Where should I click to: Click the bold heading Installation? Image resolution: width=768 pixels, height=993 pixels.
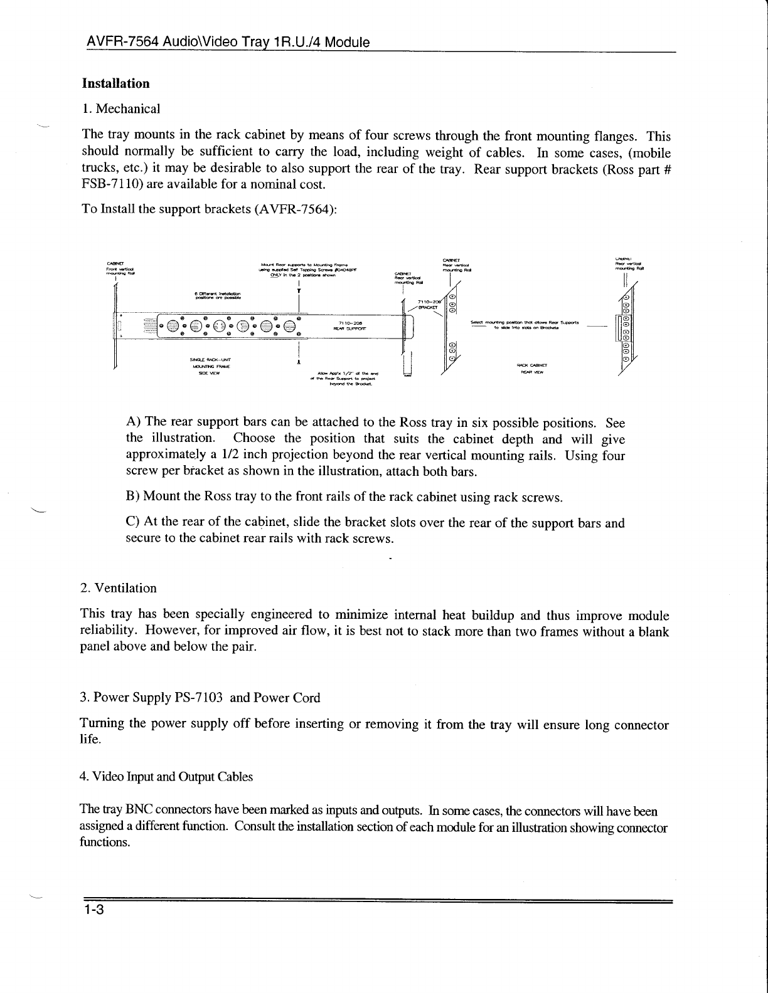click(x=115, y=83)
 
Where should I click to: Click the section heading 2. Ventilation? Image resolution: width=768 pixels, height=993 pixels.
click(x=119, y=588)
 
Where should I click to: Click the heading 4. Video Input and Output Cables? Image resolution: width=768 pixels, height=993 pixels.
click(x=166, y=777)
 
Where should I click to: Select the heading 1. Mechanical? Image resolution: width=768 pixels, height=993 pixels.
click(x=121, y=108)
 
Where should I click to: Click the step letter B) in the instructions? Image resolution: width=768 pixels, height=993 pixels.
click(x=132, y=497)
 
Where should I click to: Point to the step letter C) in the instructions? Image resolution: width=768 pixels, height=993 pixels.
click(x=132, y=523)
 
